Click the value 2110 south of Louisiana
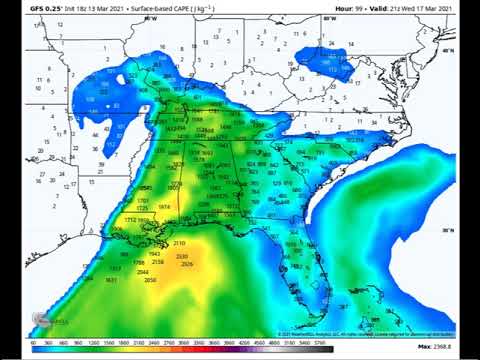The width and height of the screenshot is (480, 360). point(179,243)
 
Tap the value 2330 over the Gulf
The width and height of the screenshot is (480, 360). point(182,257)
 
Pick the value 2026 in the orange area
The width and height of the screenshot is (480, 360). point(187,265)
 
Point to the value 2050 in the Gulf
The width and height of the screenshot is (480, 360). point(150,280)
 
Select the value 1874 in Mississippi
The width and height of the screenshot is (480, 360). point(164,207)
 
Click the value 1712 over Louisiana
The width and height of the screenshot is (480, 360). point(129,219)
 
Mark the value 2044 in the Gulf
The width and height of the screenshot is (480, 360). point(144,272)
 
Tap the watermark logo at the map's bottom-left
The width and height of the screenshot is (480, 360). point(55,322)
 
